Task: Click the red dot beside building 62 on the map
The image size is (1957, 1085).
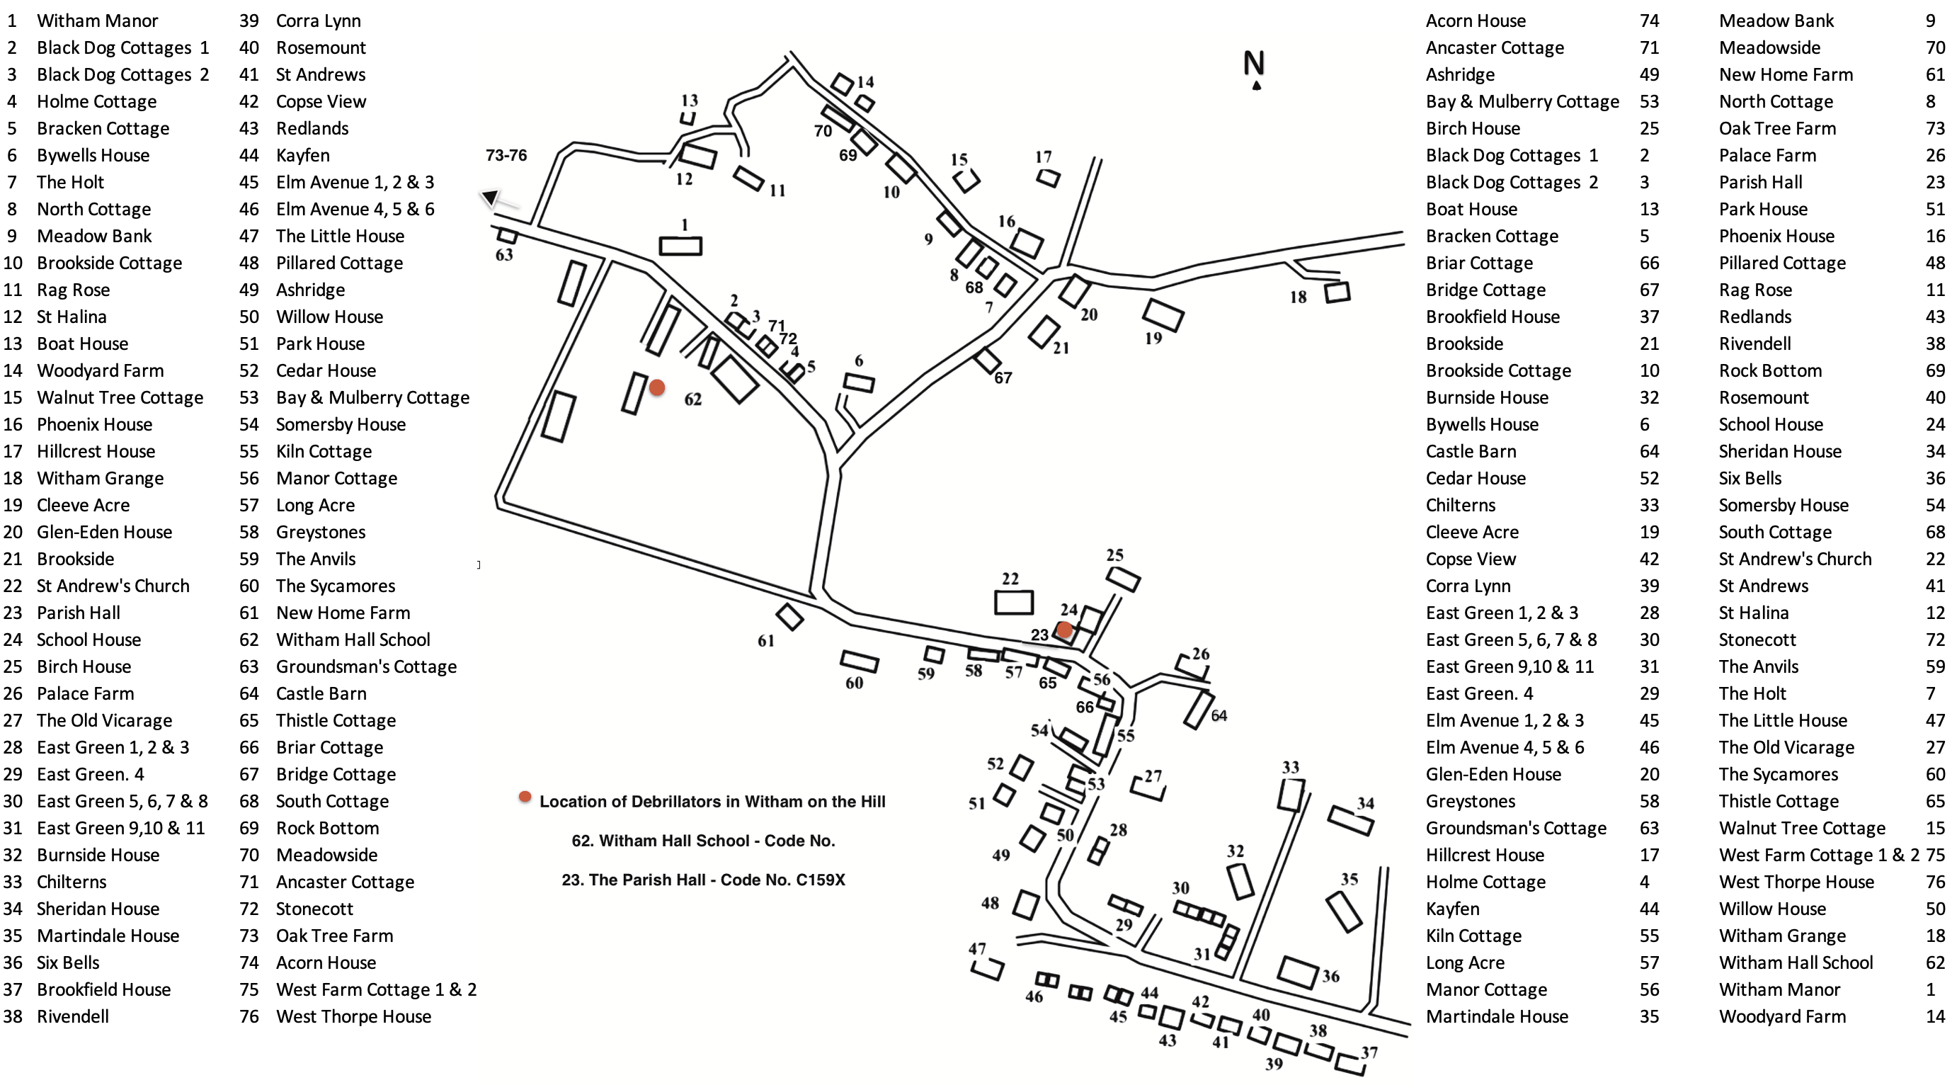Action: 657,387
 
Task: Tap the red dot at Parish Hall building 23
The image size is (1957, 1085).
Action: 1064,630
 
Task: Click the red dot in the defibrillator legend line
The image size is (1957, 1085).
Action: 525,796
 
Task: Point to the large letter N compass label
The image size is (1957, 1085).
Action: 1254,62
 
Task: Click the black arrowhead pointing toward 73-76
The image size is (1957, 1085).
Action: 491,198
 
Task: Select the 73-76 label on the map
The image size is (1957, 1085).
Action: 506,155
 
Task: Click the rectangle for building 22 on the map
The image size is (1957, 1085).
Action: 1013,602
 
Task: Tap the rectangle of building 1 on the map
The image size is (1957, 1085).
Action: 680,246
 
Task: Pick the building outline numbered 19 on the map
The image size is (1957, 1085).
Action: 1163,314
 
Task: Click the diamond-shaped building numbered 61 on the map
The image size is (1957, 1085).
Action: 790,617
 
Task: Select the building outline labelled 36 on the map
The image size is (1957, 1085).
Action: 1298,972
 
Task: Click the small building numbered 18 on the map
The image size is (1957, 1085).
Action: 1337,292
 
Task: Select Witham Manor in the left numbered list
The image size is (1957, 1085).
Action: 97,21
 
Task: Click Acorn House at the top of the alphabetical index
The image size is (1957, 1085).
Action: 1476,21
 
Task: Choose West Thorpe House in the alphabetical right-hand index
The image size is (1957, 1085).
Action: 1796,882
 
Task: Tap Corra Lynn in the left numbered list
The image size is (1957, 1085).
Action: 319,21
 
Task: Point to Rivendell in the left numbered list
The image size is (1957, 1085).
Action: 73,1016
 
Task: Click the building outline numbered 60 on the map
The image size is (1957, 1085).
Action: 860,661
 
